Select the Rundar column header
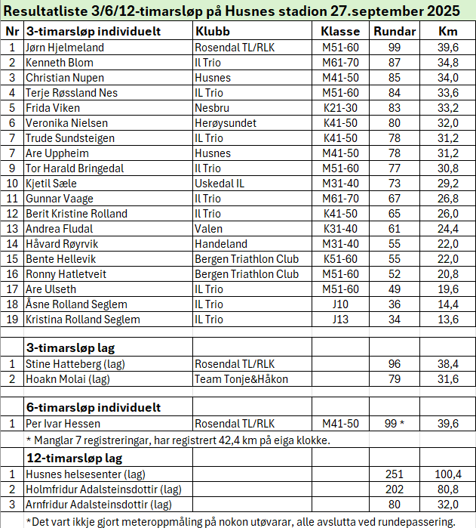click(395, 32)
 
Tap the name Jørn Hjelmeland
click(65, 48)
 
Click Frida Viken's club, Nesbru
click(213, 108)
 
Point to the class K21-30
click(340, 108)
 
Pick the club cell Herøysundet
click(226, 123)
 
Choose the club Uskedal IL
click(220, 184)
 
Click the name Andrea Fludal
click(59, 229)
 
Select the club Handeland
click(221, 244)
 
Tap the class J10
click(340, 304)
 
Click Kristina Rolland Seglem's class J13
click(340, 320)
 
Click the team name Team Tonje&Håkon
click(241, 378)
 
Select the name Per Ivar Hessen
click(63, 423)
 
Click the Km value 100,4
click(448, 474)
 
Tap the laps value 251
click(395, 474)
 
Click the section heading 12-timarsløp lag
click(74, 458)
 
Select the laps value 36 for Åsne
click(395, 304)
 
